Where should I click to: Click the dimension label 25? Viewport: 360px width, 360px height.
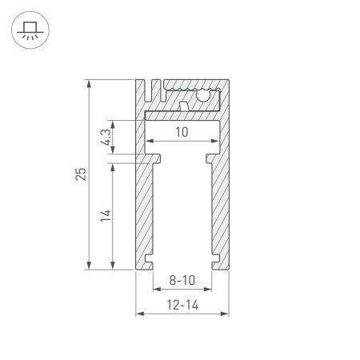point(82,174)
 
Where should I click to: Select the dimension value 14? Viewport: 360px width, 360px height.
point(105,214)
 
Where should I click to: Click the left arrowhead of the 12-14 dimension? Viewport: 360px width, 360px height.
point(138,313)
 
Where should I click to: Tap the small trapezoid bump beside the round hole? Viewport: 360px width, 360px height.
point(185,105)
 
